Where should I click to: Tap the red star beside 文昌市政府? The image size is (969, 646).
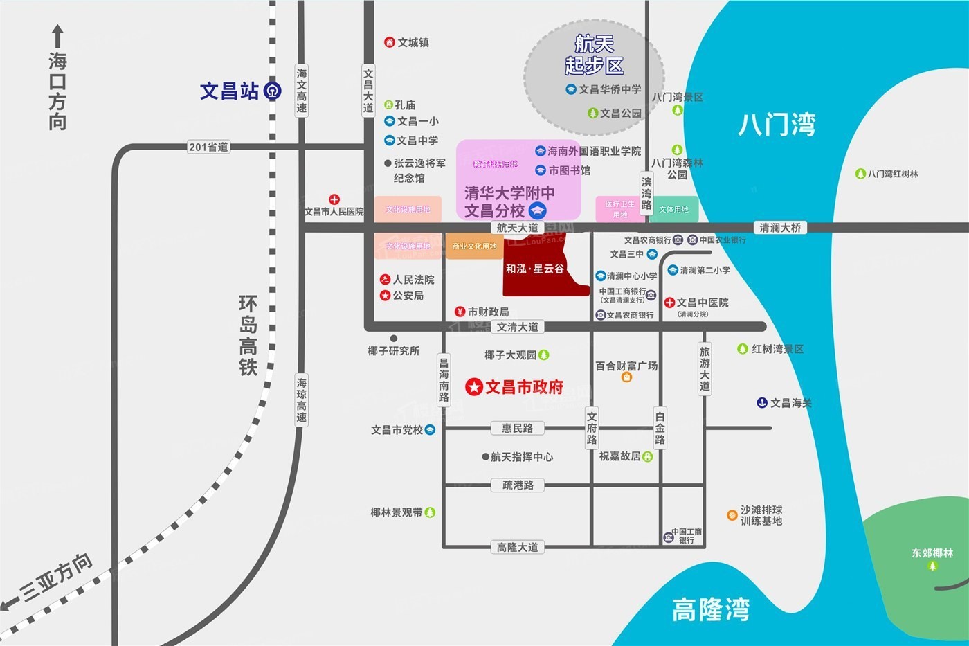pos(474,386)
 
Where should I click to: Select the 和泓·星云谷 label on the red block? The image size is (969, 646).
pos(534,269)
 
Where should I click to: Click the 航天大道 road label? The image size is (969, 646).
pos(517,228)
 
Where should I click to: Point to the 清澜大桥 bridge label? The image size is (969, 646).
pos(780,228)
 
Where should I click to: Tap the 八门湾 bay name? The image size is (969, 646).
pos(777,125)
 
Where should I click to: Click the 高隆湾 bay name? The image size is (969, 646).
pos(710,610)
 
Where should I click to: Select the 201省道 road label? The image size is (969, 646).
pos(208,147)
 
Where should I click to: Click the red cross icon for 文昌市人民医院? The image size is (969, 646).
pos(334,199)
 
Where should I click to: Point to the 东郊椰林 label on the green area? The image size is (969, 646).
pos(932,553)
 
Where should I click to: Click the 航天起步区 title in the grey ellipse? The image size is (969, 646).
pos(594,55)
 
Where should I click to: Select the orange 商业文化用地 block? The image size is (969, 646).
pos(474,246)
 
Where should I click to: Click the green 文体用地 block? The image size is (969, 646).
pos(673,209)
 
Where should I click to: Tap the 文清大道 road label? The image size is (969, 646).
pos(517,327)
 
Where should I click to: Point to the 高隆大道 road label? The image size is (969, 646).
pos(517,547)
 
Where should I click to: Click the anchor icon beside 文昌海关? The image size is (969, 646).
pos(762,402)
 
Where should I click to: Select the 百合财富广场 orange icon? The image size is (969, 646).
pos(626,377)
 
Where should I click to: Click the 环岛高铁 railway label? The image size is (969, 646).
pos(248,335)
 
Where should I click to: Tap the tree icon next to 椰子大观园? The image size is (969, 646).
pos(544,355)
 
